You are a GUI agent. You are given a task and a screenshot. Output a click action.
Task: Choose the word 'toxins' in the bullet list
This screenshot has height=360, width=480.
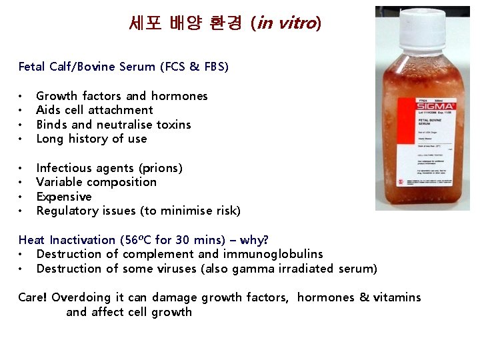click(x=174, y=125)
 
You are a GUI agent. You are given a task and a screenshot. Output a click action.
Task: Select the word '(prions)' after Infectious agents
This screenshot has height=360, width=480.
click(x=160, y=168)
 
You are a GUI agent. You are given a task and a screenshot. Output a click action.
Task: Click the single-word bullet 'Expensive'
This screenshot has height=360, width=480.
click(x=64, y=197)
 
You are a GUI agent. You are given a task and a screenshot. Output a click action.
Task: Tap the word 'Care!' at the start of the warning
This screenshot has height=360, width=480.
click(x=33, y=297)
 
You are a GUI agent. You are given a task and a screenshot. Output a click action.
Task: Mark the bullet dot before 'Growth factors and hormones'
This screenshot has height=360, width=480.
click(x=22, y=97)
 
